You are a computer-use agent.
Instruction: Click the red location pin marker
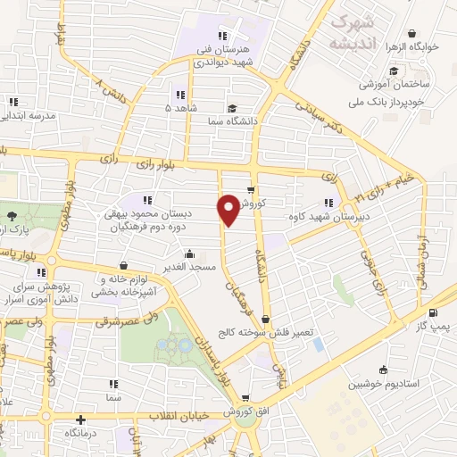(x=228, y=212)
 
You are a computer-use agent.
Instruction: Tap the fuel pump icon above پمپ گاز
(x=434, y=312)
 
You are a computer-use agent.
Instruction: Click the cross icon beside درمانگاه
(x=80, y=419)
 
